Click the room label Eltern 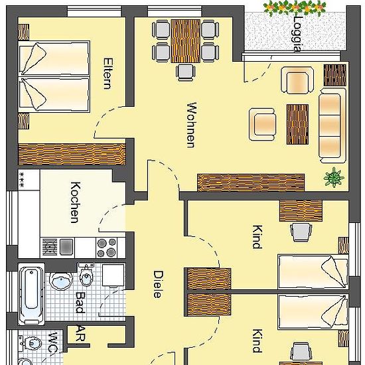(108, 74)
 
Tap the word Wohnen (191, 125)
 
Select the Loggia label (297, 34)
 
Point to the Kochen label (76, 202)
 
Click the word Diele (158, 284)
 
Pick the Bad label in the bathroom (80, 303)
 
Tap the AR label (80, 333)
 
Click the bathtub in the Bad (31, 294)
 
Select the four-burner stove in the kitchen (107, 248)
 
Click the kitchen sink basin (66, 247)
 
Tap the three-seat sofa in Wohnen (332, 125)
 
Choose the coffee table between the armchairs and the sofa (297, 124)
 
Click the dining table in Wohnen (186, 41)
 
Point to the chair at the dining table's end (186, 72)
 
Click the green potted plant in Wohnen (334, 177)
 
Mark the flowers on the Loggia (295, 8)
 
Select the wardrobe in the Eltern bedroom (72, 155)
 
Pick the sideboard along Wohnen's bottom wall (251, 183)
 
